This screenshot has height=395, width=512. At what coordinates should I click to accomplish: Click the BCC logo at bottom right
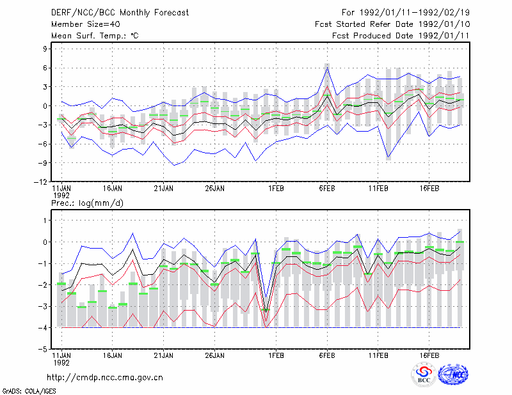pos(424,375)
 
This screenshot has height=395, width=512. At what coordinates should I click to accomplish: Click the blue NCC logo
pos(453,375)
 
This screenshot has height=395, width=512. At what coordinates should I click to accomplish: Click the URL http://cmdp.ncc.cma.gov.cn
pos(105,378)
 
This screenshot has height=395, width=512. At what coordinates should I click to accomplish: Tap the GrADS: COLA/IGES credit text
pos(29,391)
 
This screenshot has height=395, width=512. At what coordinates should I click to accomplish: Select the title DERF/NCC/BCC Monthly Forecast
pos(120,13)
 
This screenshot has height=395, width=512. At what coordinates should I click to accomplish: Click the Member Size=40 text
pos(86,24)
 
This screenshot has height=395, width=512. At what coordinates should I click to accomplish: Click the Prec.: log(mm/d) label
pos(87,203)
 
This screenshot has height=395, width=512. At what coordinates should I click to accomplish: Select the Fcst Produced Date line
pos(401,36)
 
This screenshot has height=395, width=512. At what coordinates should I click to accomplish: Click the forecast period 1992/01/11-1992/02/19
pos(414,13)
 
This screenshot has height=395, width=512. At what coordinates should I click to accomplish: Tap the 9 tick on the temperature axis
pos(45,49)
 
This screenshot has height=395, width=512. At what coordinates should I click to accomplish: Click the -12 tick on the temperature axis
pos(40,182)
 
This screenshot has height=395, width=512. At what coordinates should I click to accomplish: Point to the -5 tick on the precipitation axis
pos(43,350)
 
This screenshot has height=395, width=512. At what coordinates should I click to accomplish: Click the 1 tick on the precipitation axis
pos(45,221)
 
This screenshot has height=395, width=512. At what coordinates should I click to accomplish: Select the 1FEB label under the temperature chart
pos(276,189)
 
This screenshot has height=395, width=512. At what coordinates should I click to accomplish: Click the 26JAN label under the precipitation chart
pos(214,355)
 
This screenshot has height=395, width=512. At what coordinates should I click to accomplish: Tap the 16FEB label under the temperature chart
pos(429,189)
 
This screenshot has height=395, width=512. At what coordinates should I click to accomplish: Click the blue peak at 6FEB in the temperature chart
pos(327,68)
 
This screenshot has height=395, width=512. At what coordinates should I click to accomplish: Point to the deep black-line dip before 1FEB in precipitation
pos(266,313)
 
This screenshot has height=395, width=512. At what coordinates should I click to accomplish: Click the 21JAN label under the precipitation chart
pos(164,355)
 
